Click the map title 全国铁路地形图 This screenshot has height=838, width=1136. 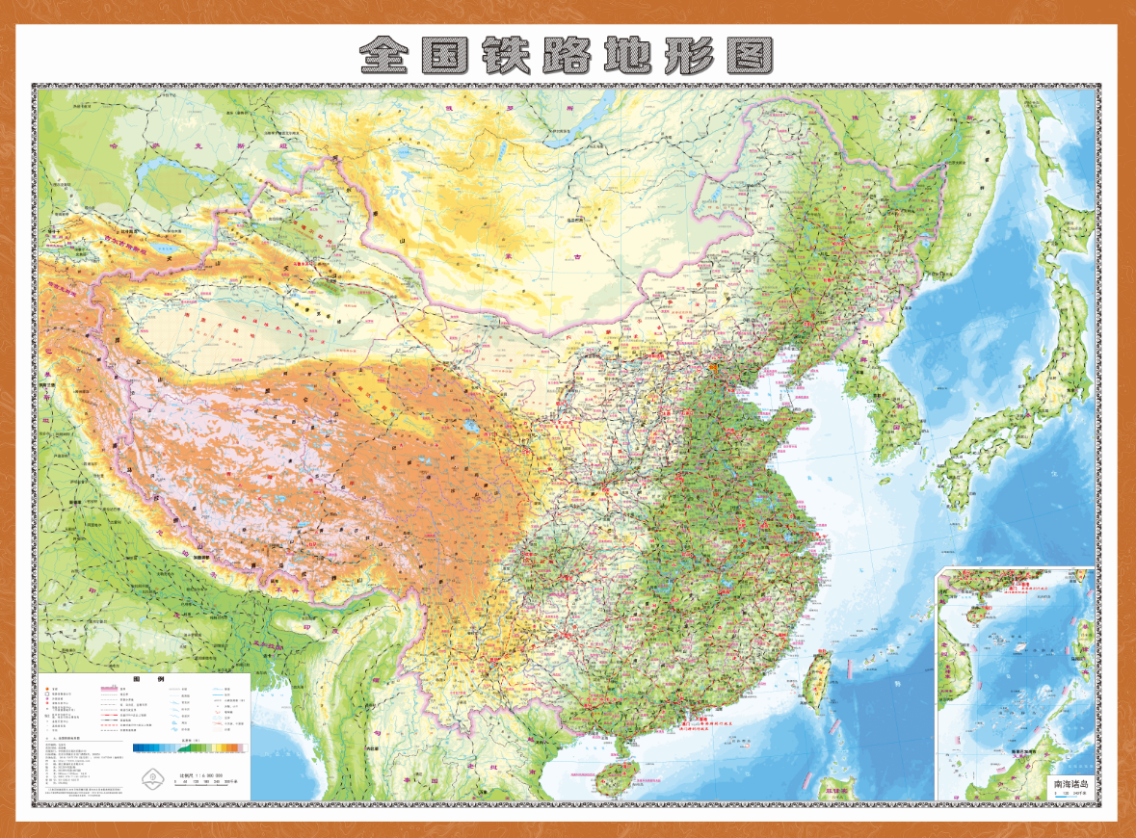567,56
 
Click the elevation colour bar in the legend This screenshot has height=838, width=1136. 190,747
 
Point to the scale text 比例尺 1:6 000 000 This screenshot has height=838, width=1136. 200,774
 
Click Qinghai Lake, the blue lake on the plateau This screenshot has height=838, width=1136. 471,425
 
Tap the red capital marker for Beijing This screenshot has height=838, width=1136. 714,365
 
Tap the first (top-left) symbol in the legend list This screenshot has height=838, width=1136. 48,690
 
